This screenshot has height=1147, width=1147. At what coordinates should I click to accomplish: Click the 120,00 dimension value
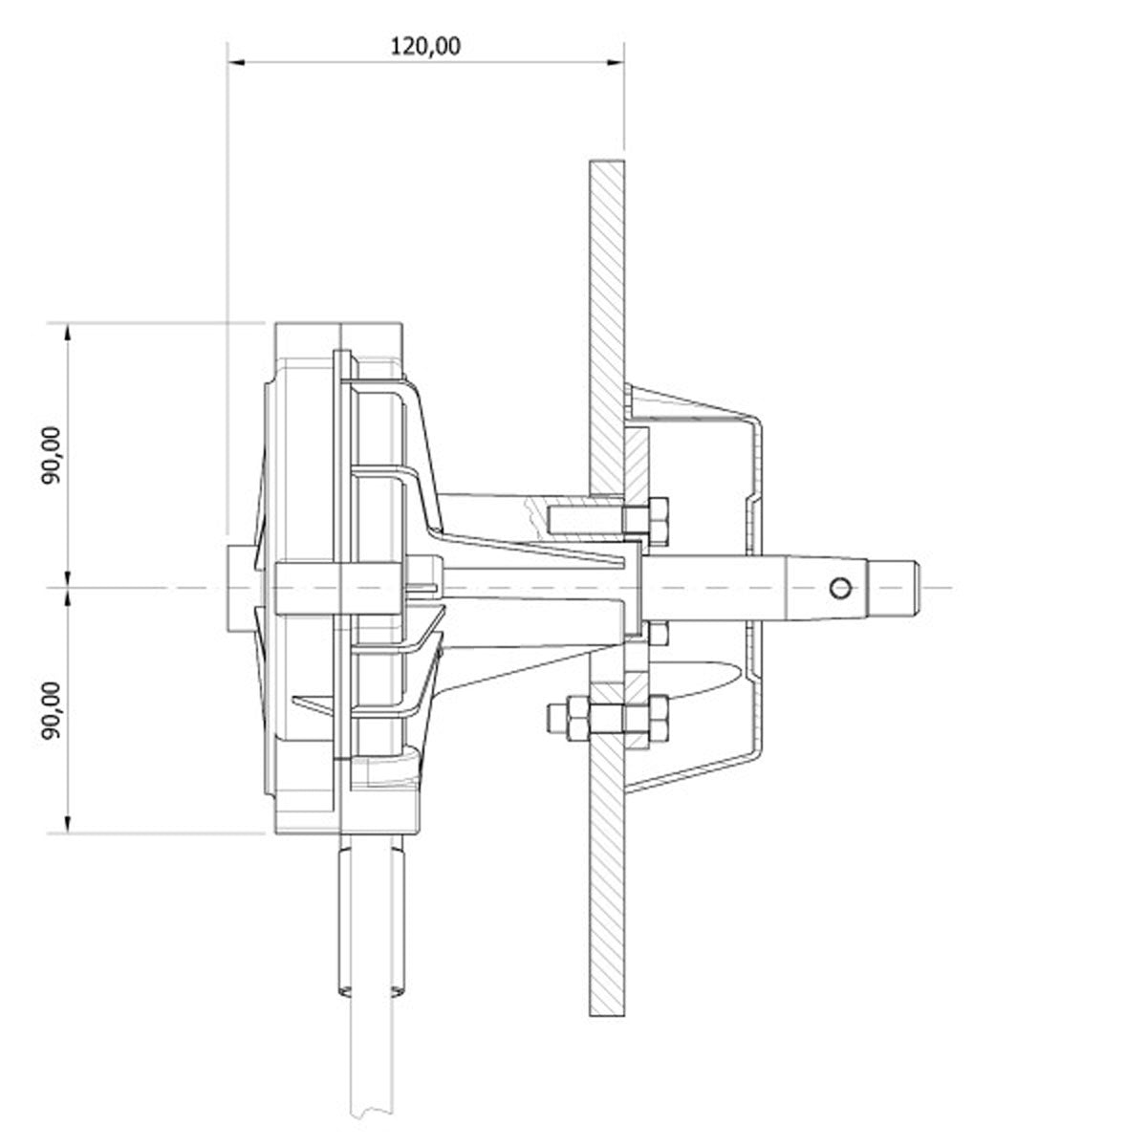(426, 46)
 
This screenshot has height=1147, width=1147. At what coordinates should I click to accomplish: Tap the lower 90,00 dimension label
(52, 708)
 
